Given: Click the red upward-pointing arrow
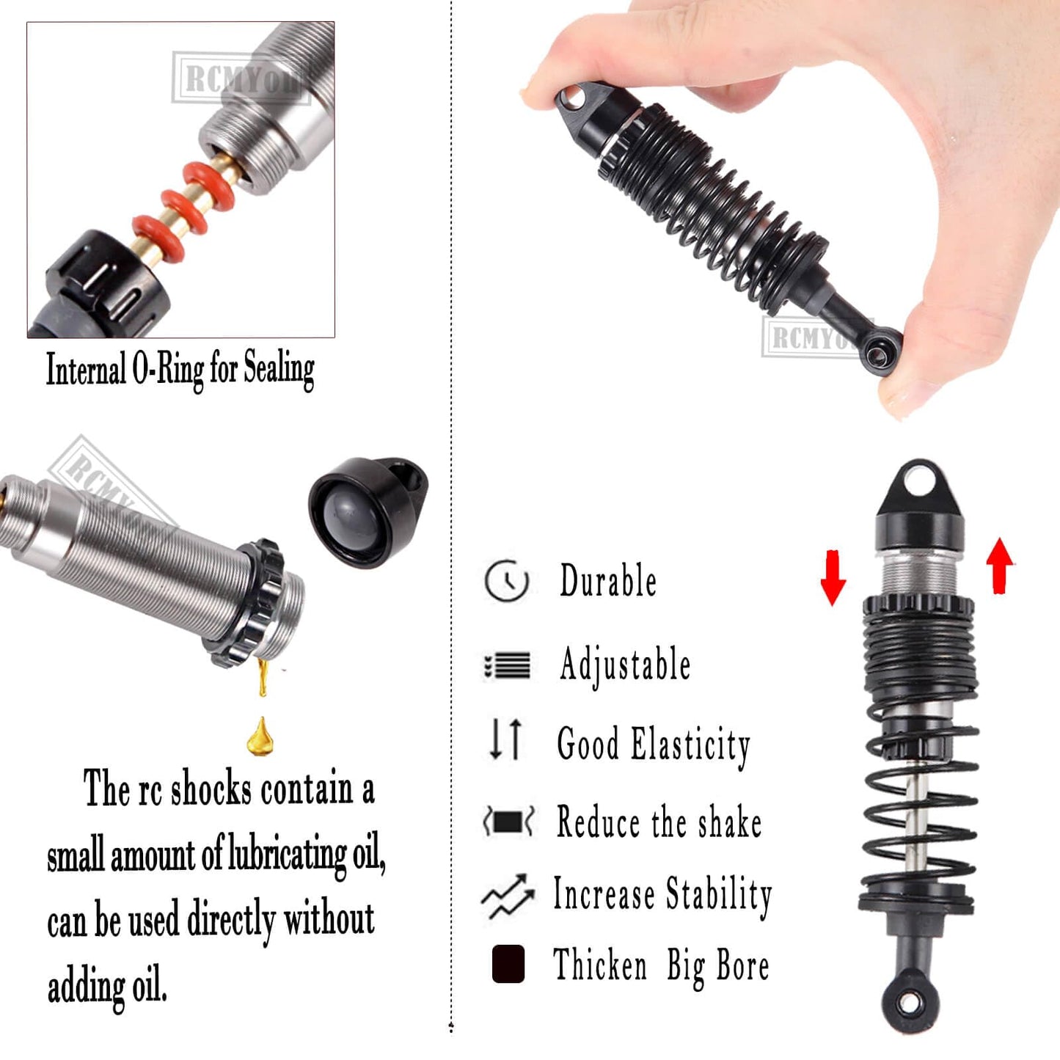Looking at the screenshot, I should [999, 565].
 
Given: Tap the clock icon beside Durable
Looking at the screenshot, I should [506, 581].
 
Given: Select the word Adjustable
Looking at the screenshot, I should [625, 665].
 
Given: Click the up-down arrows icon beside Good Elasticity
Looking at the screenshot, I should [506, 739].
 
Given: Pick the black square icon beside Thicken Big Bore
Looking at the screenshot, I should [508, 963].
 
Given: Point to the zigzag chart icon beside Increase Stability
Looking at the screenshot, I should [508, 896].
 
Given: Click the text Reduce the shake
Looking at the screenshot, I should [659, 822].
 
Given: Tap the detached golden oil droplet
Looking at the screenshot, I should [260, 737].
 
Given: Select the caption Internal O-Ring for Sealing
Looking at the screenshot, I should [180, 369].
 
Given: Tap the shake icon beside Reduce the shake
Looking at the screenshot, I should [508, 821].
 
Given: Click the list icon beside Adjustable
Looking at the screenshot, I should [507, 666].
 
